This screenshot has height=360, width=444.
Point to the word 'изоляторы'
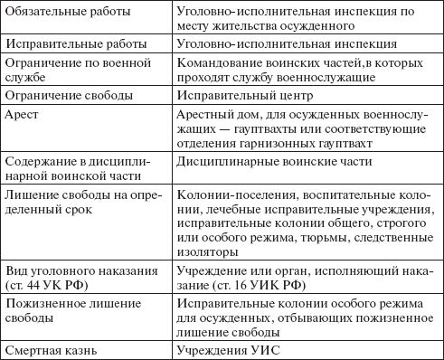[x=209, y=251]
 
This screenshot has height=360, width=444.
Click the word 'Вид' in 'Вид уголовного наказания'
[x=16, y=270]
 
